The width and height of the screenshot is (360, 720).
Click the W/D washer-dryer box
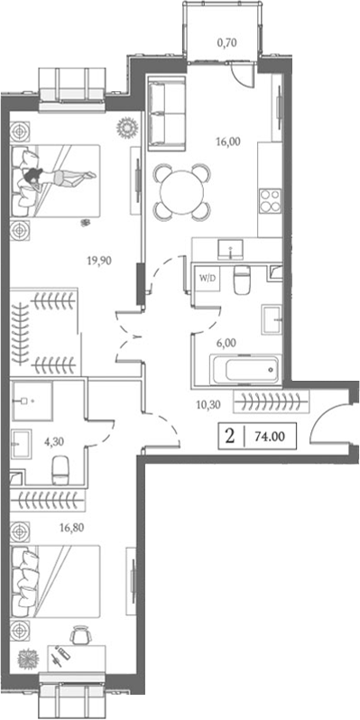point(207,278)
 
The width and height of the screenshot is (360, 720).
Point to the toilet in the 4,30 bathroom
point(60,468)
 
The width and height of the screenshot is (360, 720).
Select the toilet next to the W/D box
point(240,282)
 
